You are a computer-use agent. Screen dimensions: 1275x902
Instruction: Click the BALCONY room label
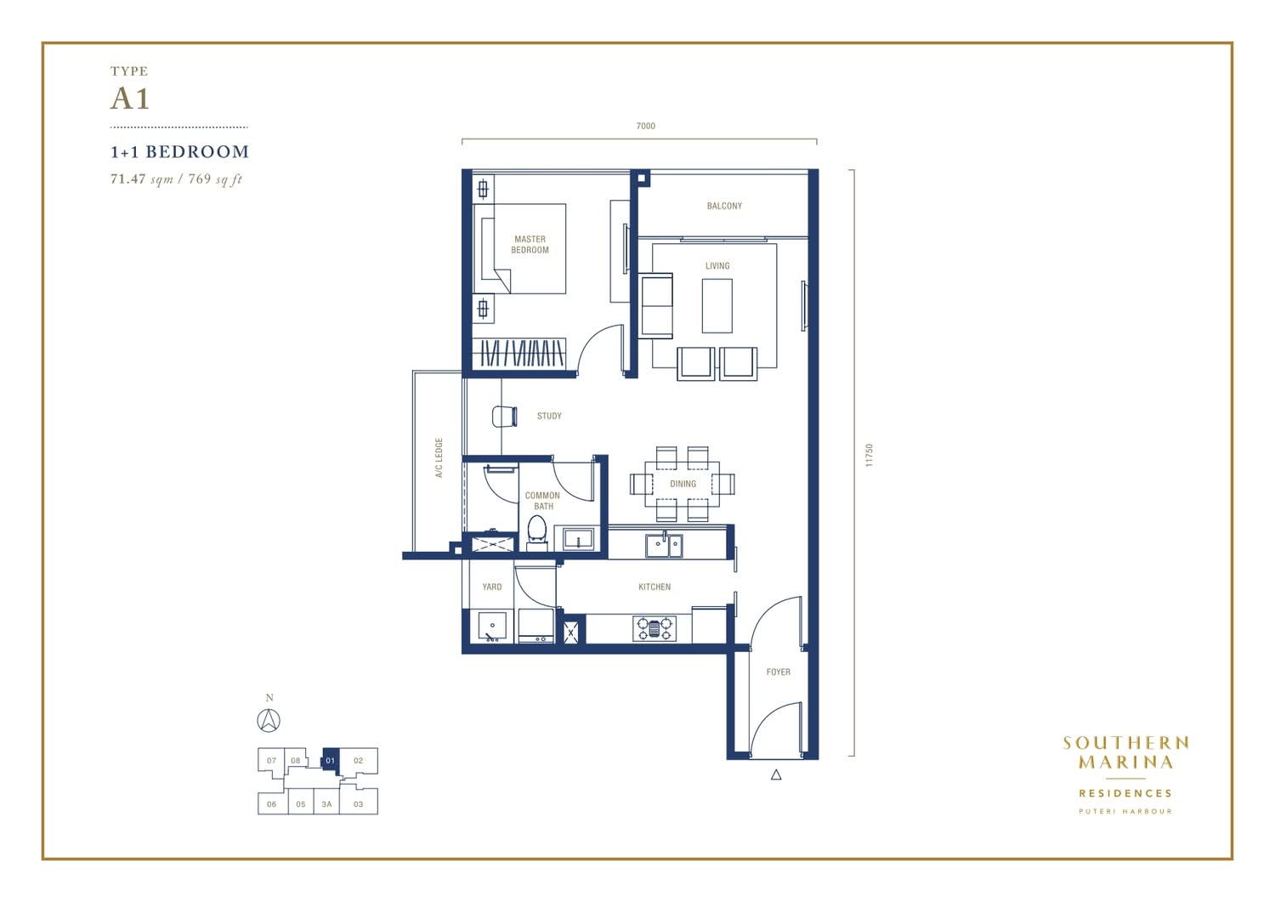[724, 206]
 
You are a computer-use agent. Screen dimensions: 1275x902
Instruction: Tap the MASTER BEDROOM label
[530, 244]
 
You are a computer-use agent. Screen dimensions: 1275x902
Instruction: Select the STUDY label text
[549, 417]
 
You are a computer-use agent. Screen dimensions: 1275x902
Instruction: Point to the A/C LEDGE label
[439, 458]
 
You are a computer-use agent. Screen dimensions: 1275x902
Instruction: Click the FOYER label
[778, 672]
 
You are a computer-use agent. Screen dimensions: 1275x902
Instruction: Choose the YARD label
[492, 587]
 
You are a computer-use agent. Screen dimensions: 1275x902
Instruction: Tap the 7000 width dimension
[645, 126]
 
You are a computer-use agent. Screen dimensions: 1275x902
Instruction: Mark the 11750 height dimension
[869, 456]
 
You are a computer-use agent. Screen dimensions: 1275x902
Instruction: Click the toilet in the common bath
[536, 531]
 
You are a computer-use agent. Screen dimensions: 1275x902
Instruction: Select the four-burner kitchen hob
[654, 628]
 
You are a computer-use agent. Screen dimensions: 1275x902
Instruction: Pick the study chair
[504, 417]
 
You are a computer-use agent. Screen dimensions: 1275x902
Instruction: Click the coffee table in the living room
[717, 306]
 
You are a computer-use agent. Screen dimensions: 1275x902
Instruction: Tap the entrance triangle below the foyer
[776, 774]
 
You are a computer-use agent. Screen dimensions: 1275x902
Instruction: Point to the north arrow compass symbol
[269, 721]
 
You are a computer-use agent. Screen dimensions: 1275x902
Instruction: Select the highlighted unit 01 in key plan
[331, 761]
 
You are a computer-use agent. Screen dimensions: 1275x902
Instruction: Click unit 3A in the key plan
[326, 804]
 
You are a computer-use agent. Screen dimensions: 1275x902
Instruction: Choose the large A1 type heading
[130, 99]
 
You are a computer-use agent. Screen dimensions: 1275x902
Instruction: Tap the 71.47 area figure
[128, 179]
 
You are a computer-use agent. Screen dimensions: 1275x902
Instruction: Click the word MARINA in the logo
[1125, 762]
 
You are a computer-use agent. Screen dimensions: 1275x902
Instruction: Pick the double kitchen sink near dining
[664, 546]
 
